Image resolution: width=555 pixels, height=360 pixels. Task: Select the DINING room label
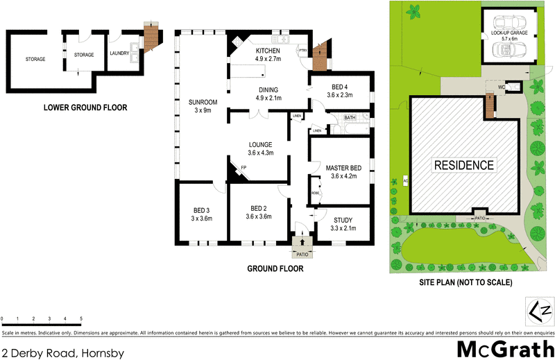point(268,94)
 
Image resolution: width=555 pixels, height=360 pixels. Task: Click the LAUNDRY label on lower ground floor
point(119,54)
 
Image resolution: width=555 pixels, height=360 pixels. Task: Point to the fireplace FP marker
point(244,168)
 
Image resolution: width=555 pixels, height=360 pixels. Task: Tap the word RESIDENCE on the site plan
point(464,165)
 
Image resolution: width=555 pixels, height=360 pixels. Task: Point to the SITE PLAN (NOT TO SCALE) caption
point(466,282)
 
